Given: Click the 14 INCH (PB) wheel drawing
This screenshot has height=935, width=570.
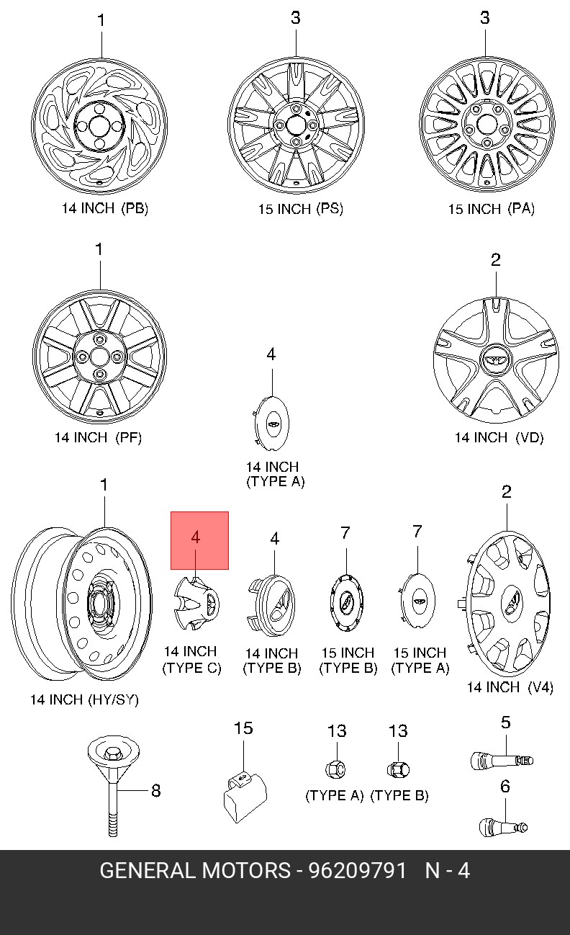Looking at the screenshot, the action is tap(101, 127).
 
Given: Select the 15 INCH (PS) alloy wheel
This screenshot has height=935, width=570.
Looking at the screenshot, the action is tap(295, 126).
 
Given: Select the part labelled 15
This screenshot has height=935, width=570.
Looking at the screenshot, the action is tap(243, 792).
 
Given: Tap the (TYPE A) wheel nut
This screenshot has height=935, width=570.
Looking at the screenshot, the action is tap(335, 769).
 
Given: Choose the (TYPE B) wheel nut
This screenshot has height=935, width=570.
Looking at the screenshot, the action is tap(397, 769).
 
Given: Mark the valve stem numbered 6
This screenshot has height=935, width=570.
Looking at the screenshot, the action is tap(502, 824).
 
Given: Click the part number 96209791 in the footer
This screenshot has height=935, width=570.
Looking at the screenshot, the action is tap(358, 871).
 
